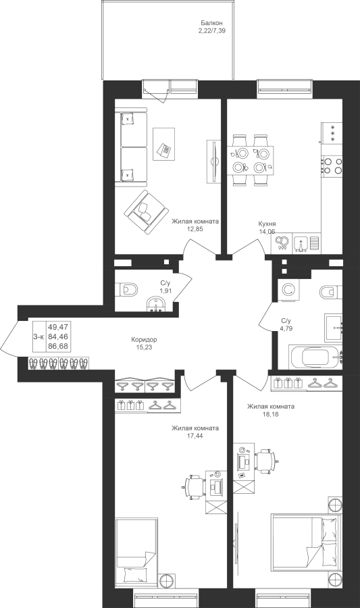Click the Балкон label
[x=211, y=23]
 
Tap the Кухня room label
[x=267, y=224]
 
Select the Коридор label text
[x=144, y=340]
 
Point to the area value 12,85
[x=195, y=229]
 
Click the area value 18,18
[x=270, y=413]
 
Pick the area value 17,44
[x=195, y=436]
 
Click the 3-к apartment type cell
[x=38, y=337]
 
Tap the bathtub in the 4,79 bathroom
[x=315, y=357]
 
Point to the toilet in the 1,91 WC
[x=126, y=289]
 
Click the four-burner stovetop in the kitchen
[x=332, y=164]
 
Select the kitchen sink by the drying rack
[x=301, y=243]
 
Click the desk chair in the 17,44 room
[x=193, y=486]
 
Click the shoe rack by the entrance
[x=59, y=363]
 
